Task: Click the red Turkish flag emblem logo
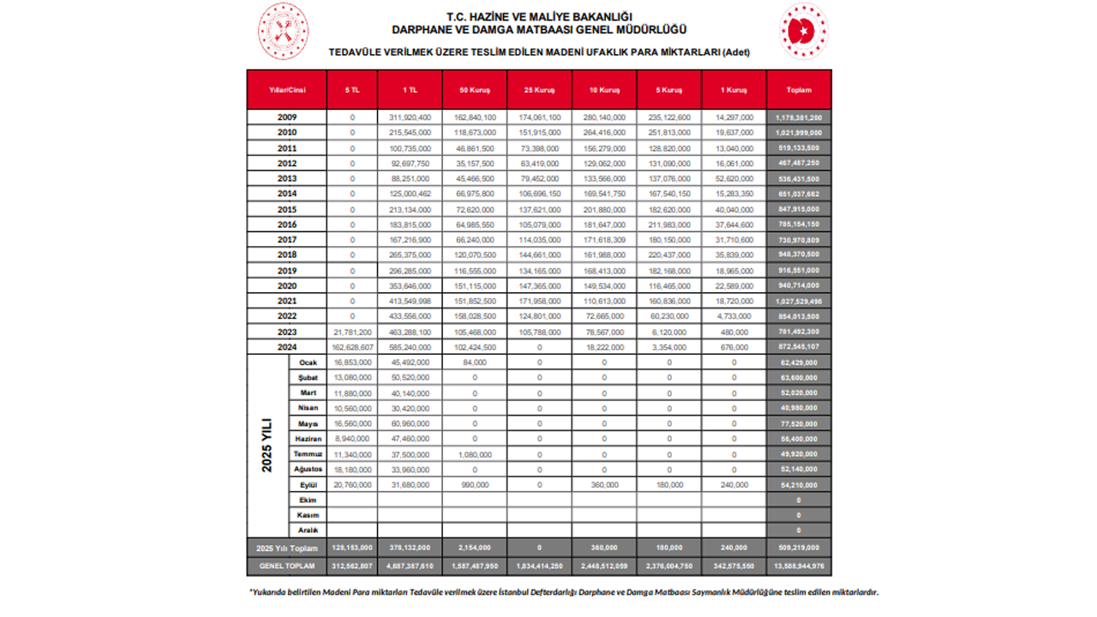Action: click(x=803, y=31)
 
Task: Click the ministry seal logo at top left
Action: click(x=283, y=31)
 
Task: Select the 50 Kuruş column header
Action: click(x=475, y=89)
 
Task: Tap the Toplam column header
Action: click(x=798, y=89)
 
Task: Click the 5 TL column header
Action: click(x=352, y=89)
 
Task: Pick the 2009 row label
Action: click(x=288, y=117)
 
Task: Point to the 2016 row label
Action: click(x=288, y=225)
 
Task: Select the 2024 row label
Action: click(x=288, y=347)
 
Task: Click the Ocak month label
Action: click(x=309, y=362)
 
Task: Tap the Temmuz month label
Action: click(x=309, y=454)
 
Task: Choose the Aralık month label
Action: click(x=309, y=530)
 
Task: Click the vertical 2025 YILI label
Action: click(x=267, y=446)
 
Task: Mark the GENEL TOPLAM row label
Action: click(x=287, y=566)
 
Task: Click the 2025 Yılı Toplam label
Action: click(x=287, y=548)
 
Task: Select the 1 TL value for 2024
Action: click(x=410, y=347)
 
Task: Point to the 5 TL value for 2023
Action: click(x=352, y=332)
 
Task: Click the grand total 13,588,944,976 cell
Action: click(x=798, y=566)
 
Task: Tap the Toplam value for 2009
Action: click(x=798, y=117)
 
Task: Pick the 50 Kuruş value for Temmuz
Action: click(x=475, y=454)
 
